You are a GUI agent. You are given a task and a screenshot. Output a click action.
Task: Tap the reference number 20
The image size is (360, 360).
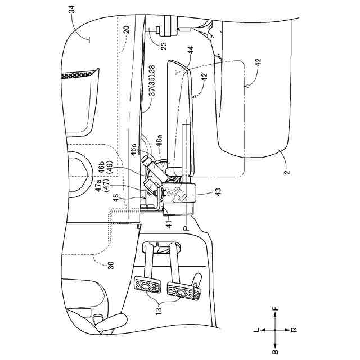pos(127,30)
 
